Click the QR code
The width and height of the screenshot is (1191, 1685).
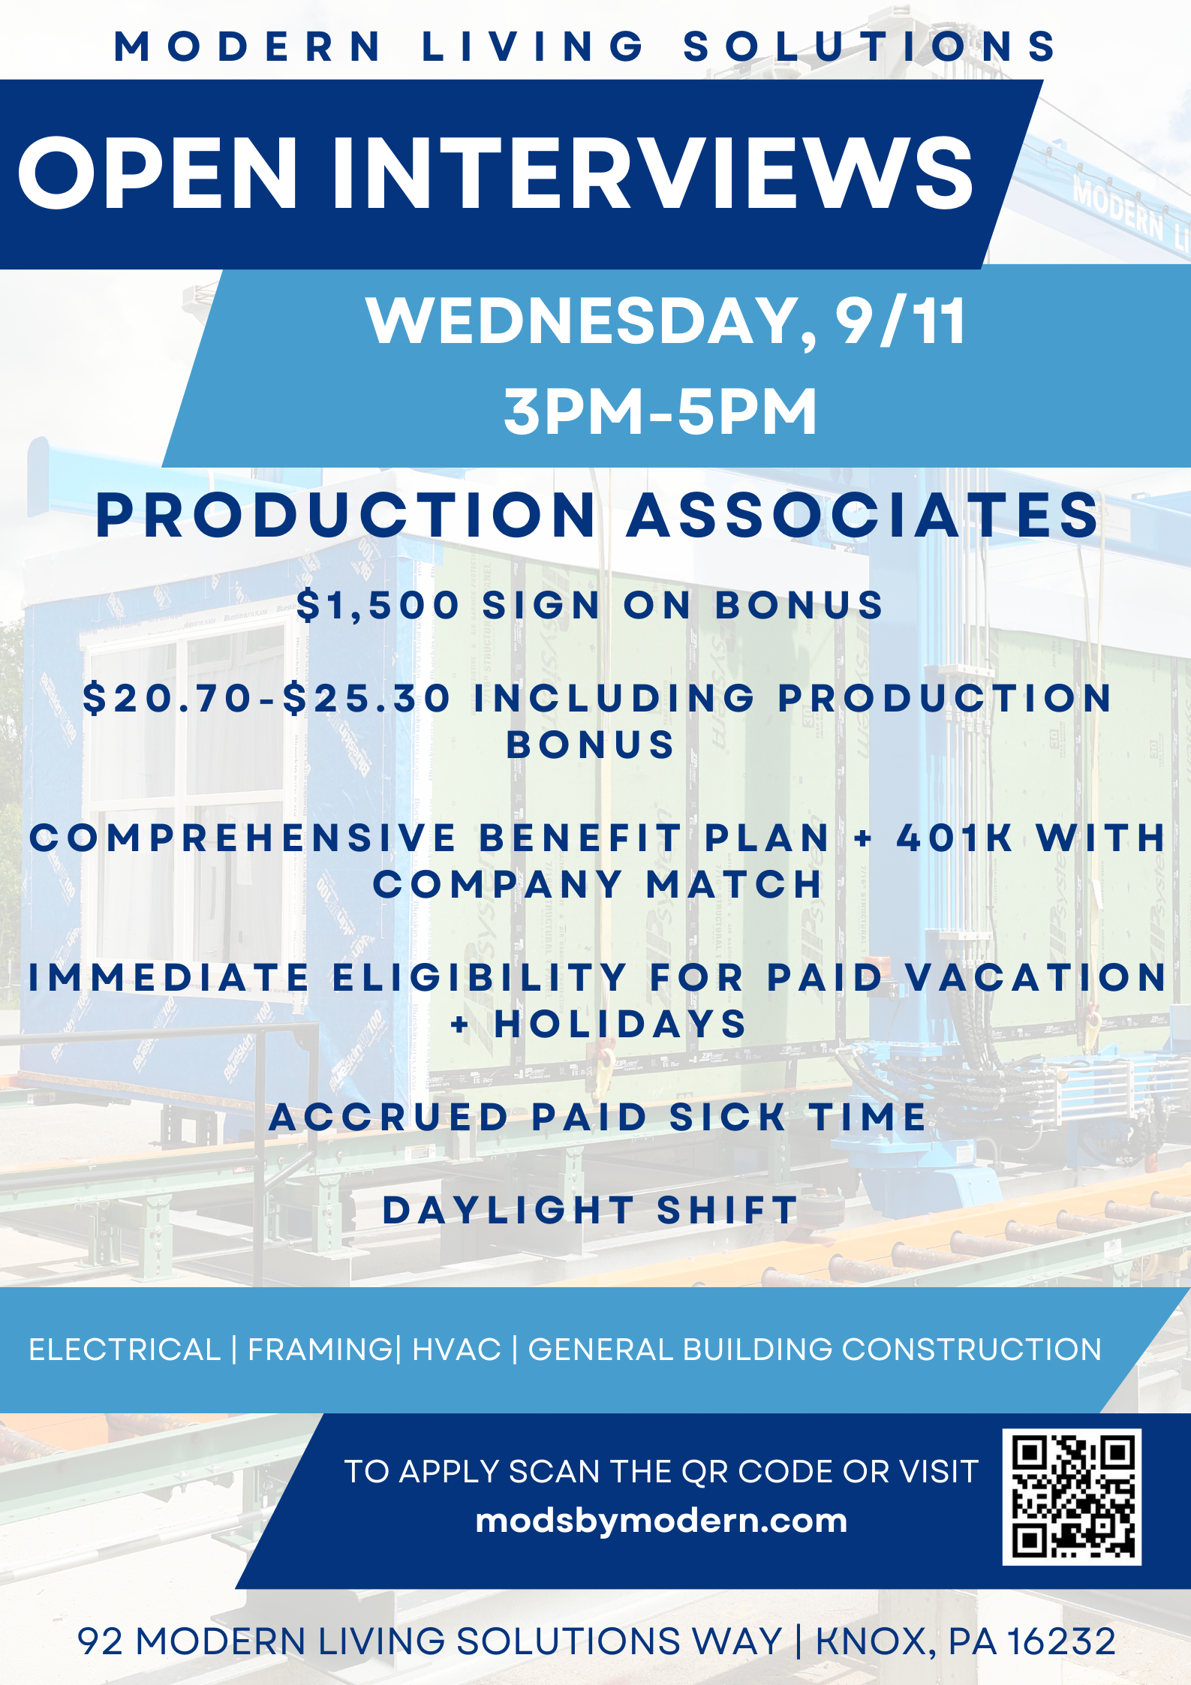coord(1072,1497)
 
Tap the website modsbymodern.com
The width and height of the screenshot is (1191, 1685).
coord(661,1521)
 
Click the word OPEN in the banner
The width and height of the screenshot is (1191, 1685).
coord(158,173)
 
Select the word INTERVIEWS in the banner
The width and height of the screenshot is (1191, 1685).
coord(652,173)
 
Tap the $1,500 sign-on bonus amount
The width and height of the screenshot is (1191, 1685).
coord(378,606)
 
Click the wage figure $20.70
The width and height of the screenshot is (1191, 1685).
coord(167,698)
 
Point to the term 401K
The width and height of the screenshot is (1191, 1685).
coord(955,838)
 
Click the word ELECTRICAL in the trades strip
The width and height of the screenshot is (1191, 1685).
coord(125,1350)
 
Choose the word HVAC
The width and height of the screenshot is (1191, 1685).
coord(456,1350)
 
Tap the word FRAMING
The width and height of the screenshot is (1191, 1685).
coord(320,1350)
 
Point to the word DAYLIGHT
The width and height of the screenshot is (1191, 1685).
coord(509,1210)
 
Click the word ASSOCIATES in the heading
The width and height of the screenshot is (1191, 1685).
coord(863,515)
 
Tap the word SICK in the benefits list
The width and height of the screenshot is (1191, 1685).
coord(727,1117)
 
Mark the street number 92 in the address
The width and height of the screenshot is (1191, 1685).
coord(101,1641)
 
